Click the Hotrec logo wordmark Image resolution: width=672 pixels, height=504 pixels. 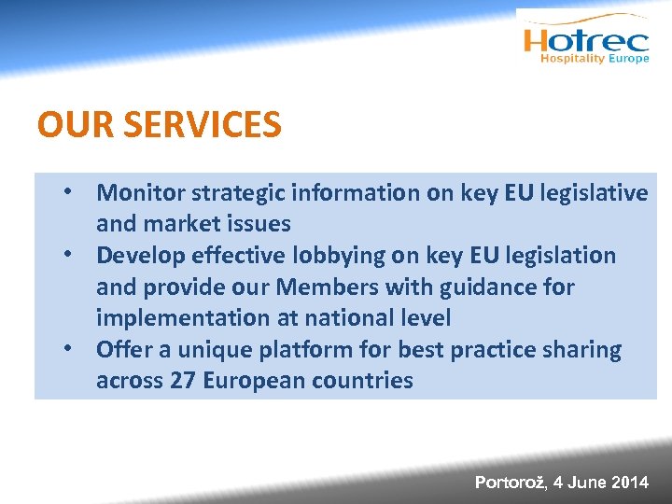click(x=586, y=40)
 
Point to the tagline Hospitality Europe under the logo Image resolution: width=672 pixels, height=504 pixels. click(x=595, y=59)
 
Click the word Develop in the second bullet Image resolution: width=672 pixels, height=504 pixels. click(x=142, y=256)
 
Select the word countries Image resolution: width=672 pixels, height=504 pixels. click(x=360, y=381)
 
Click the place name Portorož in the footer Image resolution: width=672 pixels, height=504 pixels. click(x=510, y=483)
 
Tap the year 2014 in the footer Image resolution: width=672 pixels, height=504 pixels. click(x=629, y=483)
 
